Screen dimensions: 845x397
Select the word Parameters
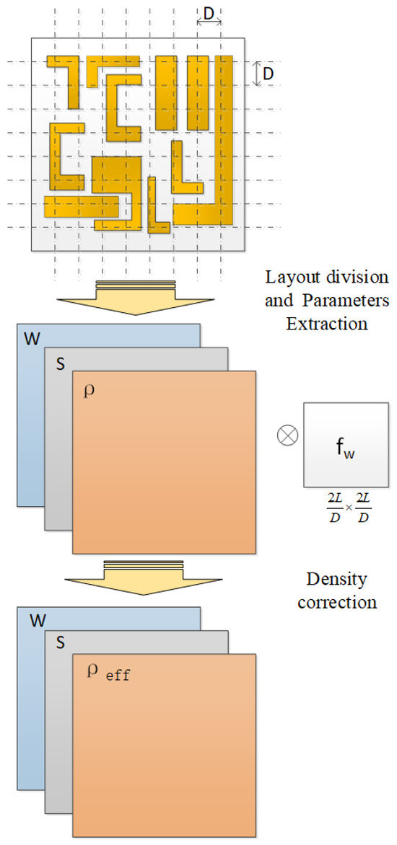pyautogui.click(x=354, y=301)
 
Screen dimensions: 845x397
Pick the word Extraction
pyautogui.click(x=327, y=324)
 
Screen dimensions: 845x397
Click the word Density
pyautogui.click(x=336, y=579)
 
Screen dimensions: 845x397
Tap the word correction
pyautogui.click(x=336, y=602)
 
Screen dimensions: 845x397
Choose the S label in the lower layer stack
pyautogui.click(x=60, y=645)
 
